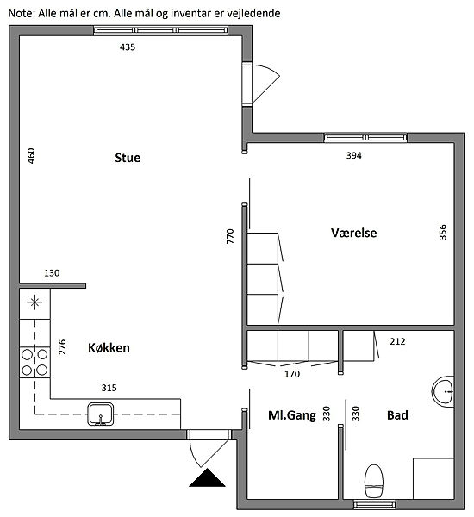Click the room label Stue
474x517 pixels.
tap(128, 158)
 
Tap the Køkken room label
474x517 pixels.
tap(109, 348)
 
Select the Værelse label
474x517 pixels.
tap(354, 233)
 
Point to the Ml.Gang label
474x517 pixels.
tap(292, 415)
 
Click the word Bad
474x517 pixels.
tap(397, 415)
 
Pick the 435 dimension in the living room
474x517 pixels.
tap(128, 47)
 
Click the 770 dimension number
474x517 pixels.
tap(230, 236)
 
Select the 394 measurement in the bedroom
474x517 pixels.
tap(353, 155)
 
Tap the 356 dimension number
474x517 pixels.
tap(443, 232)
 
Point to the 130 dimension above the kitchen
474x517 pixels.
tap(52, 273)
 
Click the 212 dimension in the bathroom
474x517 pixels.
tap(397, 341)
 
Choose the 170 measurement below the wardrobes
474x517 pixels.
tap(292, 374)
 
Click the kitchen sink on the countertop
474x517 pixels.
tap(101, 414)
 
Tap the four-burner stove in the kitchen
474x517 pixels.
tap(34, 363)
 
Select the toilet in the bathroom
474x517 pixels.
tap(374, 481)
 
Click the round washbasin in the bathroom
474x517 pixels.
tap(443, 391)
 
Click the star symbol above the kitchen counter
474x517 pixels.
tap(34, 302)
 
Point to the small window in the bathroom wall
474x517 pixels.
tap(374, 504)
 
